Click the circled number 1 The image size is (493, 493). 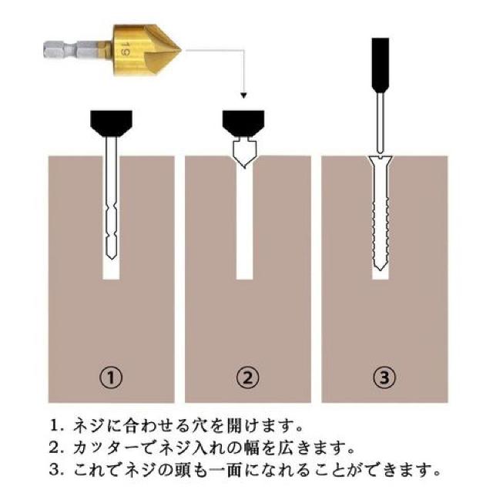[x=111, y=377]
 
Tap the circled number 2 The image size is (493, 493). [x=248, y=377]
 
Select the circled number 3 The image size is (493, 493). [x=384, y=377]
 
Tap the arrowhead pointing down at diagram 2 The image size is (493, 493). [x=243, y=95]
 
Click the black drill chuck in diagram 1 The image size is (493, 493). [x=111, y=123]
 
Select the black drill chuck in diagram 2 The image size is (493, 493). [x=243, y=123]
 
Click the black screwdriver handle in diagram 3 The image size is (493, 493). [x=381, y=65]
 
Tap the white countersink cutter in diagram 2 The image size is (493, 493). [x=244, y=153]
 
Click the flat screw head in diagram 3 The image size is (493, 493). [x=381, y=159]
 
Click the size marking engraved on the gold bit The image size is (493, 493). [x=126, y=50]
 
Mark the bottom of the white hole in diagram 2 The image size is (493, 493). [x=244, y=279]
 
